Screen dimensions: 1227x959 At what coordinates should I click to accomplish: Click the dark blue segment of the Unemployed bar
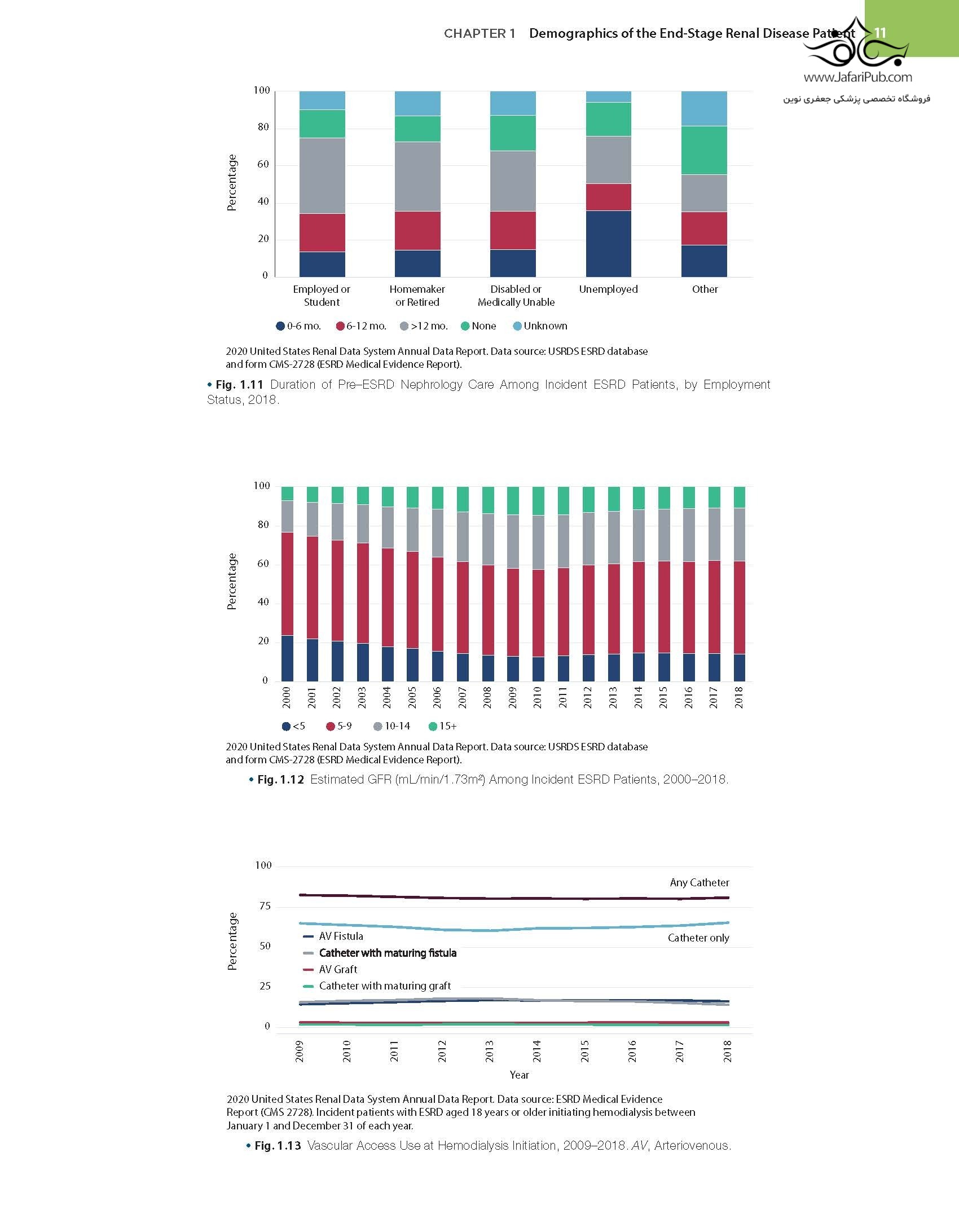[x=608, y=244]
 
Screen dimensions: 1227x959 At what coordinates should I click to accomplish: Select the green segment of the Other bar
[x=704, y=150]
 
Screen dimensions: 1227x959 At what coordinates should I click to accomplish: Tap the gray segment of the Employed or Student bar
[x=322, y=175]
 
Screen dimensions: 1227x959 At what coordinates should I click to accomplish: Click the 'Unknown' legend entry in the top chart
[x=540, y=326]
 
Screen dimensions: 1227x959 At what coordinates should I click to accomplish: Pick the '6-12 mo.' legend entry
[x=361, y=326]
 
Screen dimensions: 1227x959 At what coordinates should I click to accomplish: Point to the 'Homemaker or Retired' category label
[x=417, y=296]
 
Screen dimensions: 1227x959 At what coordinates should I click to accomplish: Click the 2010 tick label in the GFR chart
[x=538, y=697]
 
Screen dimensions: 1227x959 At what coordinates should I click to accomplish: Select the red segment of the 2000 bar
[x=287, y=584]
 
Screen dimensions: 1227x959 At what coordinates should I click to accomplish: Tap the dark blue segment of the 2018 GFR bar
[x=739, y=667]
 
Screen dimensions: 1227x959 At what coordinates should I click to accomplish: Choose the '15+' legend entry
[x=443, y=726]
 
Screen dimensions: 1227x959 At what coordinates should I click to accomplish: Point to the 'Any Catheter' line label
[x=700, y=882]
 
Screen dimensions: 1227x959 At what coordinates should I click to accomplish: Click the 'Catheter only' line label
[x=698, y=938]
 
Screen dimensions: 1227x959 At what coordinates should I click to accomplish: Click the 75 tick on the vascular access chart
[x=265, y=906]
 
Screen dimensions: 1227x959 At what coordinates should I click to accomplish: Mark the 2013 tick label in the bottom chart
[x=490, y=1051]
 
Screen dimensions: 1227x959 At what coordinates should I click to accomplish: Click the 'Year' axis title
[x=519, y=1075]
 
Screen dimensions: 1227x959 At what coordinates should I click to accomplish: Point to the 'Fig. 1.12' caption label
[x=280, y=780]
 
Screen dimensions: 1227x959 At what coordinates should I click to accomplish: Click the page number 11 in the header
[x=880, y=33]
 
